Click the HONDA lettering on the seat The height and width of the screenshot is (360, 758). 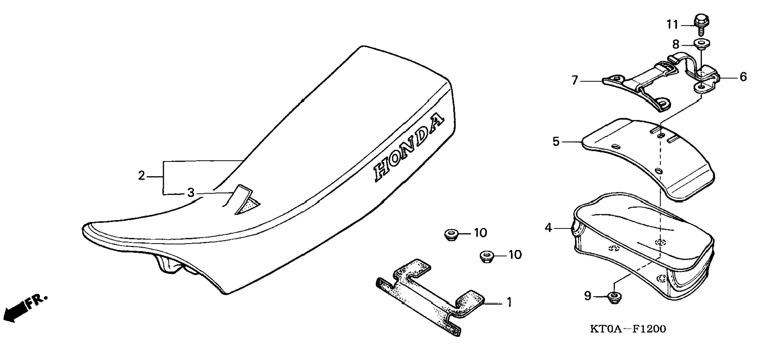pyautogui.click(x=409, y=149)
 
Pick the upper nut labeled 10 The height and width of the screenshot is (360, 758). pyautogui.click(x=451, y=235)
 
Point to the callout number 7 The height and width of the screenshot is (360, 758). pyautogui.click(x=575, y=81)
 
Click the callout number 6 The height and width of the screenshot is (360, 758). pyautogui.click(x=743, y=77)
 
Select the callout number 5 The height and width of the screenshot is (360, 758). pyautogui.click(x=556, y=141)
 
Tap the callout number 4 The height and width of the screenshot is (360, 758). pyautogui.click(x=548, y=227)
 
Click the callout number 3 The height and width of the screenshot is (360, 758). pyautogui.click(x=191, y=193)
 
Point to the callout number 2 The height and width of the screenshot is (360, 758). pyautogui.click(x=141, y=176)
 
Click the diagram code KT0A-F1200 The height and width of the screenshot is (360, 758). pyautogui.click(x=628, y=329)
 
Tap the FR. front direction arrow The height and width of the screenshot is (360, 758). pyautogui.click(x=24, y=307)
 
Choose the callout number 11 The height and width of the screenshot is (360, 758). pyautogui.click(x=673, y=25)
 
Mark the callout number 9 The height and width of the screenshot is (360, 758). pyautogui.click(x=587, y=296)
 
